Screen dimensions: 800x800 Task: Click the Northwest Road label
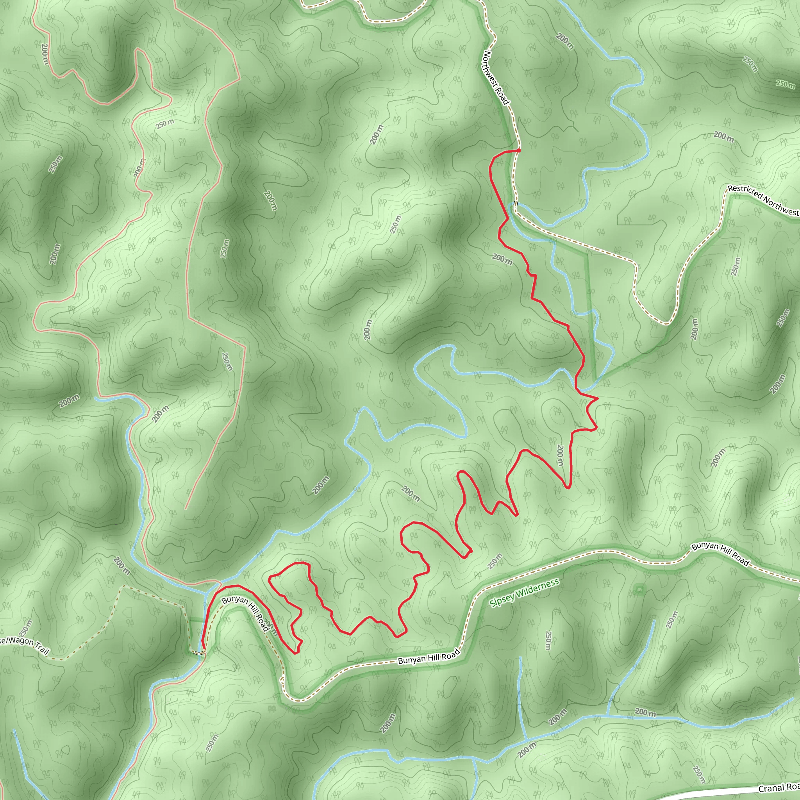coord(496,77)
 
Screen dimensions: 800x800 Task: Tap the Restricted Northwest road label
coord(763,200)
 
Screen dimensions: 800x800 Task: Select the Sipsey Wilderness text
coord(524,593)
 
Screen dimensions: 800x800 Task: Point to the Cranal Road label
coord(779,787)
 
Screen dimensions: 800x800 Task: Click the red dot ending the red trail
coord(518,150)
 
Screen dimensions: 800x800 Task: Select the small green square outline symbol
coord(640,589)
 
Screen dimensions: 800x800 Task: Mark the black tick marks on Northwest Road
coord(516,203)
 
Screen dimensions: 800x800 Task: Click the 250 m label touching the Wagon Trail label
coord(26,629)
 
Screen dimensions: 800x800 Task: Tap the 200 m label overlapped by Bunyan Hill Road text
coord(270,627)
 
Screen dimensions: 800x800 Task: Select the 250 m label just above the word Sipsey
coord(495,561)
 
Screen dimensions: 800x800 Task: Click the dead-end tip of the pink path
coord(186,509)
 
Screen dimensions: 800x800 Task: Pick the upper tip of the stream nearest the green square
coord(654,620)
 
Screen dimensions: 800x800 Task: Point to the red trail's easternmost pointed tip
coord(598,398)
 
